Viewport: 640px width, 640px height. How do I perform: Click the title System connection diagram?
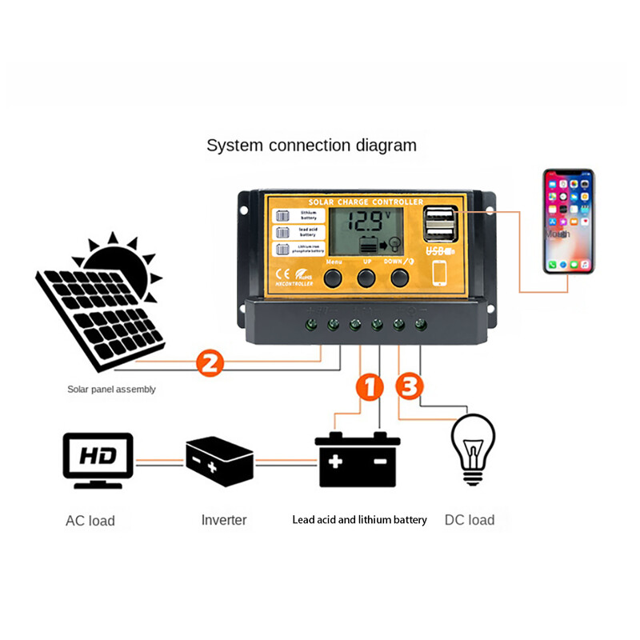(x=311, y=146)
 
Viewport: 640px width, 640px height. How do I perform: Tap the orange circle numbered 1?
(x=369, y=386)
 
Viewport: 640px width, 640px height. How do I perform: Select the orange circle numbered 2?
(x=209, y=364)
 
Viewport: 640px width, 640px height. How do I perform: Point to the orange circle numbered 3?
(x=409, y=386)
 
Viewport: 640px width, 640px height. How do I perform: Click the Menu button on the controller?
(x=332, y=278)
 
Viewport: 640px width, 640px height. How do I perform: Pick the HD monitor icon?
(x=98, y=460)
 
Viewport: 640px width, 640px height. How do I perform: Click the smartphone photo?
(x=568, y=222)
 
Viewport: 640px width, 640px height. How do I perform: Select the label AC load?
(x=90, y=521)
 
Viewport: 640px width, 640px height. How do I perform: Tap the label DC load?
(x=470, y=520)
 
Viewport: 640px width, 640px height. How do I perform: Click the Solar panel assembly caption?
(x=111, y=390)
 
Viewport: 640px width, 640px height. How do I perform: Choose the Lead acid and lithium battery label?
(x=359, y=520)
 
